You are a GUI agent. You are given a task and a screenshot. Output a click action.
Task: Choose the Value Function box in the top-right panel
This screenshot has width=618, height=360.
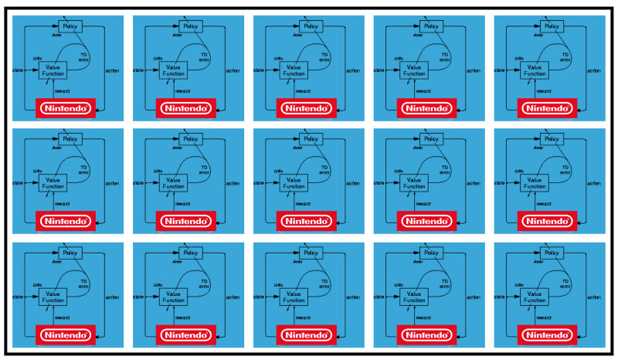tap(534, 70)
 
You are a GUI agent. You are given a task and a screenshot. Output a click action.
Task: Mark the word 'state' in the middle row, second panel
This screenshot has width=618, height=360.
tap(138, 183)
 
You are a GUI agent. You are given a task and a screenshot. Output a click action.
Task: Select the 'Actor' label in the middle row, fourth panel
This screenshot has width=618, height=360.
tap(416, 147)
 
